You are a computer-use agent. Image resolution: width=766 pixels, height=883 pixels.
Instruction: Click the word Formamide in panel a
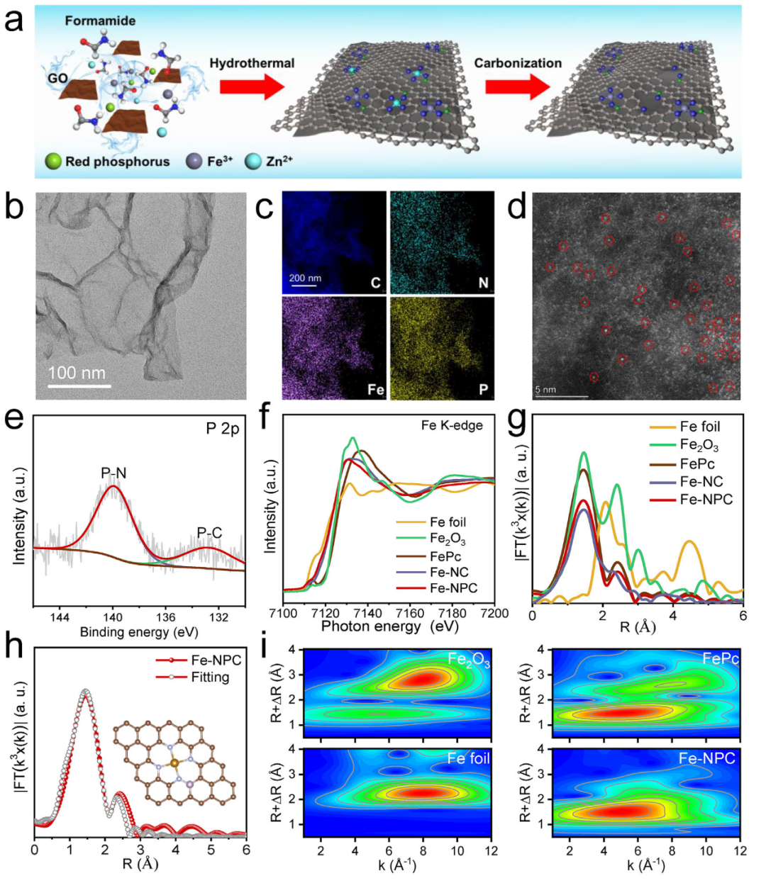[100, 21]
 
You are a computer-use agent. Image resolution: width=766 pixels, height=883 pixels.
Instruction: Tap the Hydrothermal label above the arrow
[252, 63]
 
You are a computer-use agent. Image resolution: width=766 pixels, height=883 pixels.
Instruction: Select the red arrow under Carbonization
[517, 86]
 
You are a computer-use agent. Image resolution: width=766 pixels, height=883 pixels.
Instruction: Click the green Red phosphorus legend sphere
[53, 161]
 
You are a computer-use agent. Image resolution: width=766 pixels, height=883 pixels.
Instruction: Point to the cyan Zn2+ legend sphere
[252, 161]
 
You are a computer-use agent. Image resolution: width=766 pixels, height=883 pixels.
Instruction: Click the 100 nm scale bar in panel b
[79, 386]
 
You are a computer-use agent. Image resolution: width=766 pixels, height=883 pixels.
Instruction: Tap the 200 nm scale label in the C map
[305, 278]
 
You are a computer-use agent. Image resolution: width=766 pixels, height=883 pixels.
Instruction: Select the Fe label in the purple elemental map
[375, 389]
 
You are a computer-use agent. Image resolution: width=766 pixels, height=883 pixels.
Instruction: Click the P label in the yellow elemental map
[483, 389]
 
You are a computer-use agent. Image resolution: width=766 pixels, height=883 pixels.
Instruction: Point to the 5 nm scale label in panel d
[545, 390]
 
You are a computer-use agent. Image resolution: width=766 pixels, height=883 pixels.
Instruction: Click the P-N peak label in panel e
[113, 473]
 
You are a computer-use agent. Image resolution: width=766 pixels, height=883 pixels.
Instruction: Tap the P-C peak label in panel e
[209, 532]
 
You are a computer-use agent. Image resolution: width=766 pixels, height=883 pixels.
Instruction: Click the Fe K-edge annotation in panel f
[452, 425]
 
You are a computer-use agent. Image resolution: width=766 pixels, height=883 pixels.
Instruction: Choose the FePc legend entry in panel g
[682, 463]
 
